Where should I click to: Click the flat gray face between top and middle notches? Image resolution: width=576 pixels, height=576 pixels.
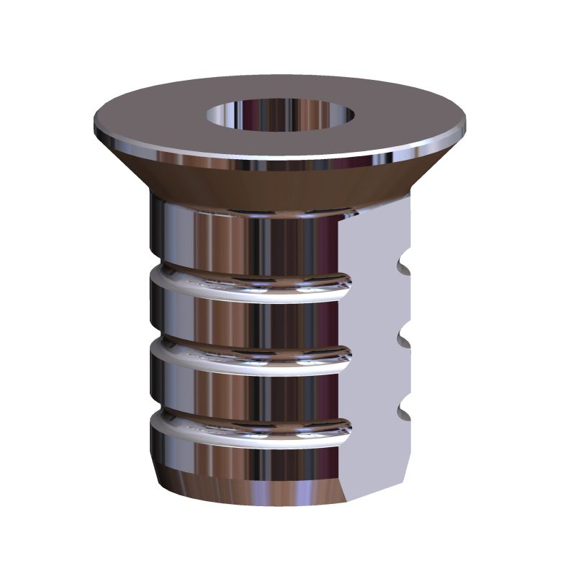[x=374, y=302]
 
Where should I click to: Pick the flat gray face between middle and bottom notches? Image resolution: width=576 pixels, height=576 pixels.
[x=374, y=374]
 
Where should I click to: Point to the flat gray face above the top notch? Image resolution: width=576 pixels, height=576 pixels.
[x=374, y=230]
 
